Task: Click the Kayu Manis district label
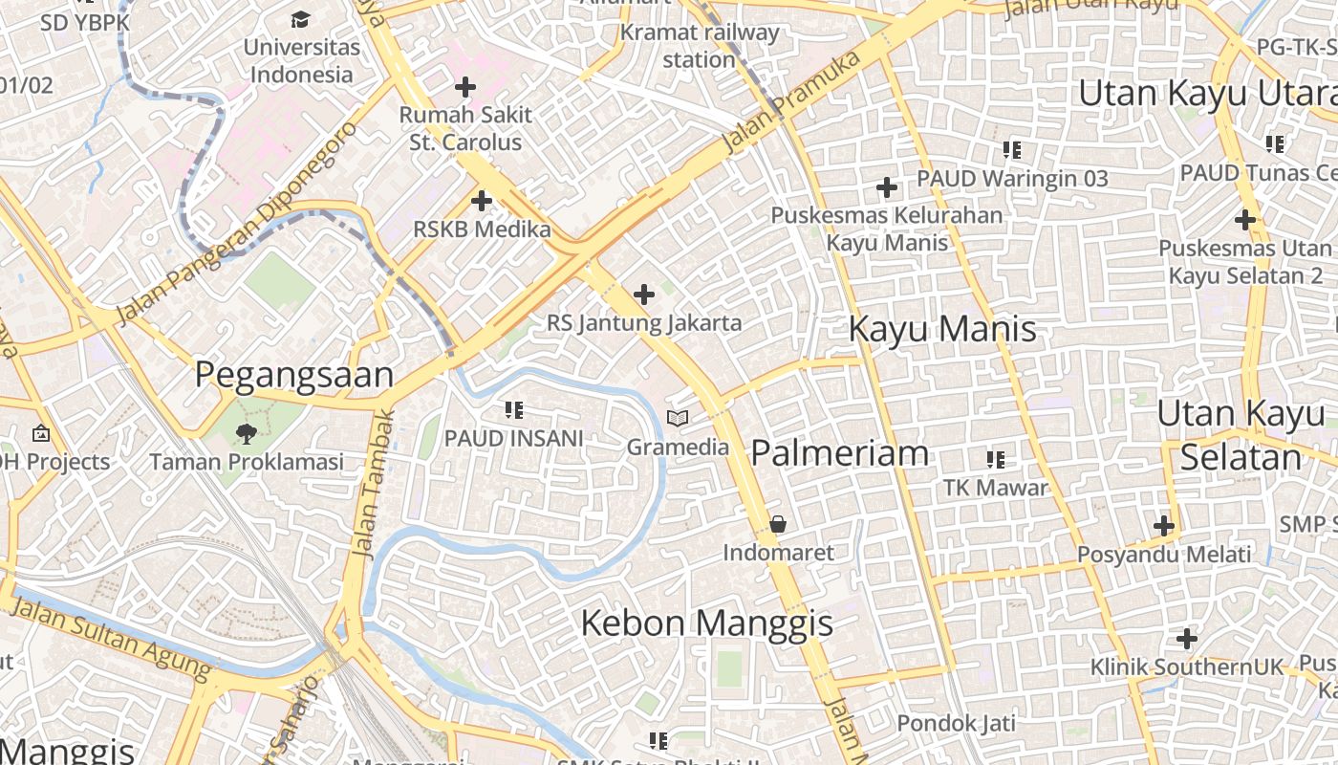[x=942, y=329]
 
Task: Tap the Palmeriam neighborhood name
[x=839, y=453]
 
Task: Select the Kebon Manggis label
[x=707, y=623]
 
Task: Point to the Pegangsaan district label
[x=294, y=375]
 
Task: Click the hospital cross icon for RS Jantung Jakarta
[x=644, y=295]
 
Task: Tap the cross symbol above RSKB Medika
[x=482, y=202]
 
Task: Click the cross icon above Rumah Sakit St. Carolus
[x=465, y=88]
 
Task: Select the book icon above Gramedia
[x=678, y=419]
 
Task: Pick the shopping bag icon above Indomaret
[x=778, y=524]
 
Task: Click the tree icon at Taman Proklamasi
[x=247, y=434]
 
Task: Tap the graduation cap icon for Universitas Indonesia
[x=301, y=19]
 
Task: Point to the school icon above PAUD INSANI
[x=514, y=410]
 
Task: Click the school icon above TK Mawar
[x=996, y=460]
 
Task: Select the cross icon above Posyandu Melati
[x=1163, y=526]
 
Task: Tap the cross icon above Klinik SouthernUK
[x=1187, y=639]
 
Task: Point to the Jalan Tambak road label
[x=372, y=484]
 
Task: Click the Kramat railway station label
[x=700, y=46]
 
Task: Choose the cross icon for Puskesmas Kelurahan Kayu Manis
[x=887, y=187]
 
